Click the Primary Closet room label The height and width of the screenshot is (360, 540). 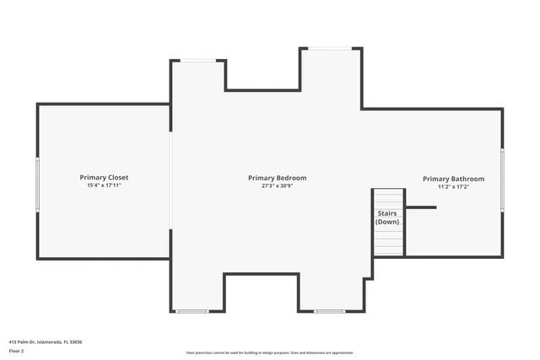pos(104,177)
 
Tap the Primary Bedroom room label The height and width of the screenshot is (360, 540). pos(277,178)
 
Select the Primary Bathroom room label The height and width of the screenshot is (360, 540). pos(453,179)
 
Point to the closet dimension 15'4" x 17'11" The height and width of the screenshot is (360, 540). pos(104,185)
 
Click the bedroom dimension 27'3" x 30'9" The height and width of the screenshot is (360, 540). pos(277,186)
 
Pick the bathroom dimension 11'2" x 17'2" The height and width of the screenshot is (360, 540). pos(453,187)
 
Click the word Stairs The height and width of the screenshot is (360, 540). pos(387,213)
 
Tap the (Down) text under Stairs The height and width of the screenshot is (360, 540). pos(387,222)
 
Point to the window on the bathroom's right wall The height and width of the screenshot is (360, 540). pos(502,180)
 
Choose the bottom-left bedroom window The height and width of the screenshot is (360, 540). pos(192,311)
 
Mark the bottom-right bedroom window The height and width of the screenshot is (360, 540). pos(329,311)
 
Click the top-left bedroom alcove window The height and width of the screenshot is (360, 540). pos(199,60)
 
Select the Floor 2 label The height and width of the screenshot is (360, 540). pos(16,350)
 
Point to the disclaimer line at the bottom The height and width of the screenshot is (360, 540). pos(270,352)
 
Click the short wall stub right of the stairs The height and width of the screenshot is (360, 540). pos(420,207)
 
